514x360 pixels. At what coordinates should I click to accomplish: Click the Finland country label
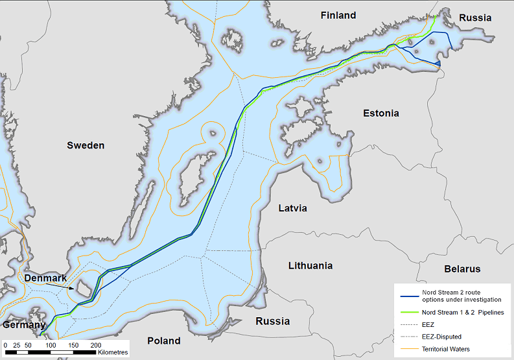point(338,15)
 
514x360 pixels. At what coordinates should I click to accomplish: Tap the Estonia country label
point(380,113)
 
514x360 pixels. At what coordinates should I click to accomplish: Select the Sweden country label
point(86,145)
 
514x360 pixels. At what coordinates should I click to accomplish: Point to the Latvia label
point(292,208)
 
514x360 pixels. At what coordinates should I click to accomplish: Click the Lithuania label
point(310,265)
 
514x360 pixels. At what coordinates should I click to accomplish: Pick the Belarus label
point(462,269)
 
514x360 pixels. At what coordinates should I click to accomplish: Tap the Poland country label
point(163,341)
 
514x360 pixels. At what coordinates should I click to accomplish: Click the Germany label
point(24,324)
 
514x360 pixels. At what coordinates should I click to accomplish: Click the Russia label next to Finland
point(475,18)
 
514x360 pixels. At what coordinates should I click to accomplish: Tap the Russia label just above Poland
point(272,321)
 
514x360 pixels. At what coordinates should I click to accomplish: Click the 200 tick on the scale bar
point(96,345)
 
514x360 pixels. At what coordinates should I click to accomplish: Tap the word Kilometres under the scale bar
point(113,352)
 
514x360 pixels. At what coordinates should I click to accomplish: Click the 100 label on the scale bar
point(51,345)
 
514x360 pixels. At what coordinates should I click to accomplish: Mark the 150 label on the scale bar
point(73,345)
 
